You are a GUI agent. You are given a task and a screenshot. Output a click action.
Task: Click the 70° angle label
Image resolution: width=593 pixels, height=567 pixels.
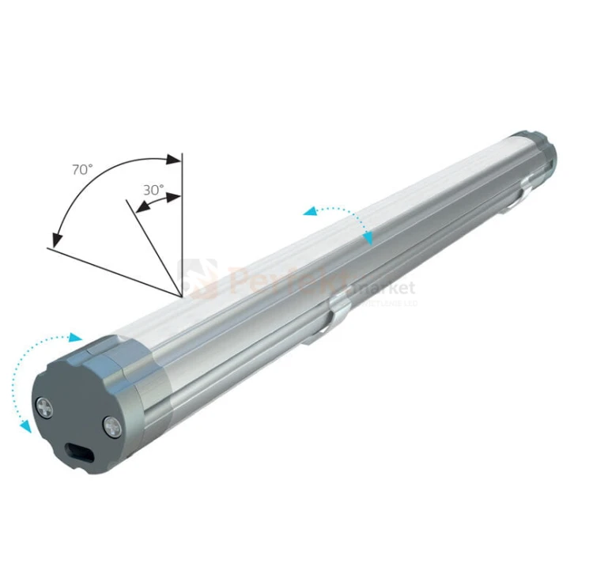(82, 169)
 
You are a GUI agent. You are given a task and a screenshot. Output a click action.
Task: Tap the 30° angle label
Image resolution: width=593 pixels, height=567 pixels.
(153, 190)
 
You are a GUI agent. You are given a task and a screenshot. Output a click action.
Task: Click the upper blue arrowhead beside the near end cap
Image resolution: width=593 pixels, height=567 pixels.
(76, 338)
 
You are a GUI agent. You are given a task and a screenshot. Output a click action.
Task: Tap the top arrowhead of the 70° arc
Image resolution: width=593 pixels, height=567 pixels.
(175, 161)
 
